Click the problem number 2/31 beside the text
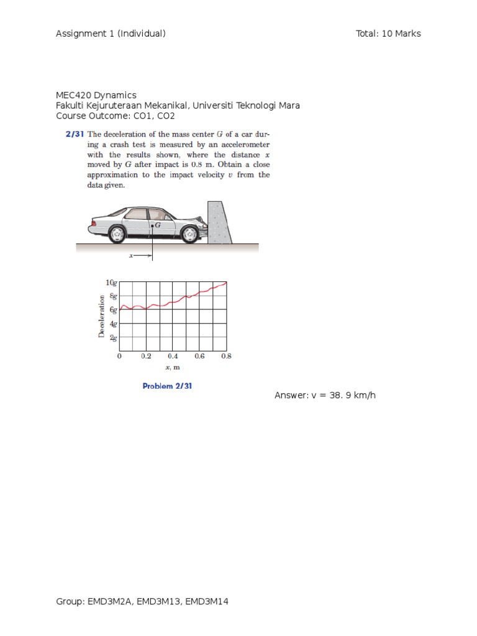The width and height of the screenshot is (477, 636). point(75,134)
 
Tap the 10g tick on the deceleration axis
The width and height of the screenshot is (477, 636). point(111,283)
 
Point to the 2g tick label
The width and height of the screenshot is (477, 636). point(113,337)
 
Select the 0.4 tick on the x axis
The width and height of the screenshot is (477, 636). point(173,356)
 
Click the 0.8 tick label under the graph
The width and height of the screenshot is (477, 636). point(226,356)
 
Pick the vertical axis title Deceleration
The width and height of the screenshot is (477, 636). point(101,316)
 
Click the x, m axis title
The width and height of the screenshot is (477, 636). point(173,368)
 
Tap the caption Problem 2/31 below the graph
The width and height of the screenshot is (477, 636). point(167,386)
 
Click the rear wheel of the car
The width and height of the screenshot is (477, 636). point(117,234)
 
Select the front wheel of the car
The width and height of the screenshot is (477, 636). point(189,234)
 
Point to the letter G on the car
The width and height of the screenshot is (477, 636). point(157,225)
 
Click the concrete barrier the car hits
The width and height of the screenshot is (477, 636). point(219,222)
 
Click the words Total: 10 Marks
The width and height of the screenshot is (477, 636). point(388,34)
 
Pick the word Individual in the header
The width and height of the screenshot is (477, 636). point(142,34)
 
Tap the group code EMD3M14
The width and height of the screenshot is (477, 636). point(206,601)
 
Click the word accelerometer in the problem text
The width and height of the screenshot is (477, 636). point(245,145)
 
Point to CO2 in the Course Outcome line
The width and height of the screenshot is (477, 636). point(166,116)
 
